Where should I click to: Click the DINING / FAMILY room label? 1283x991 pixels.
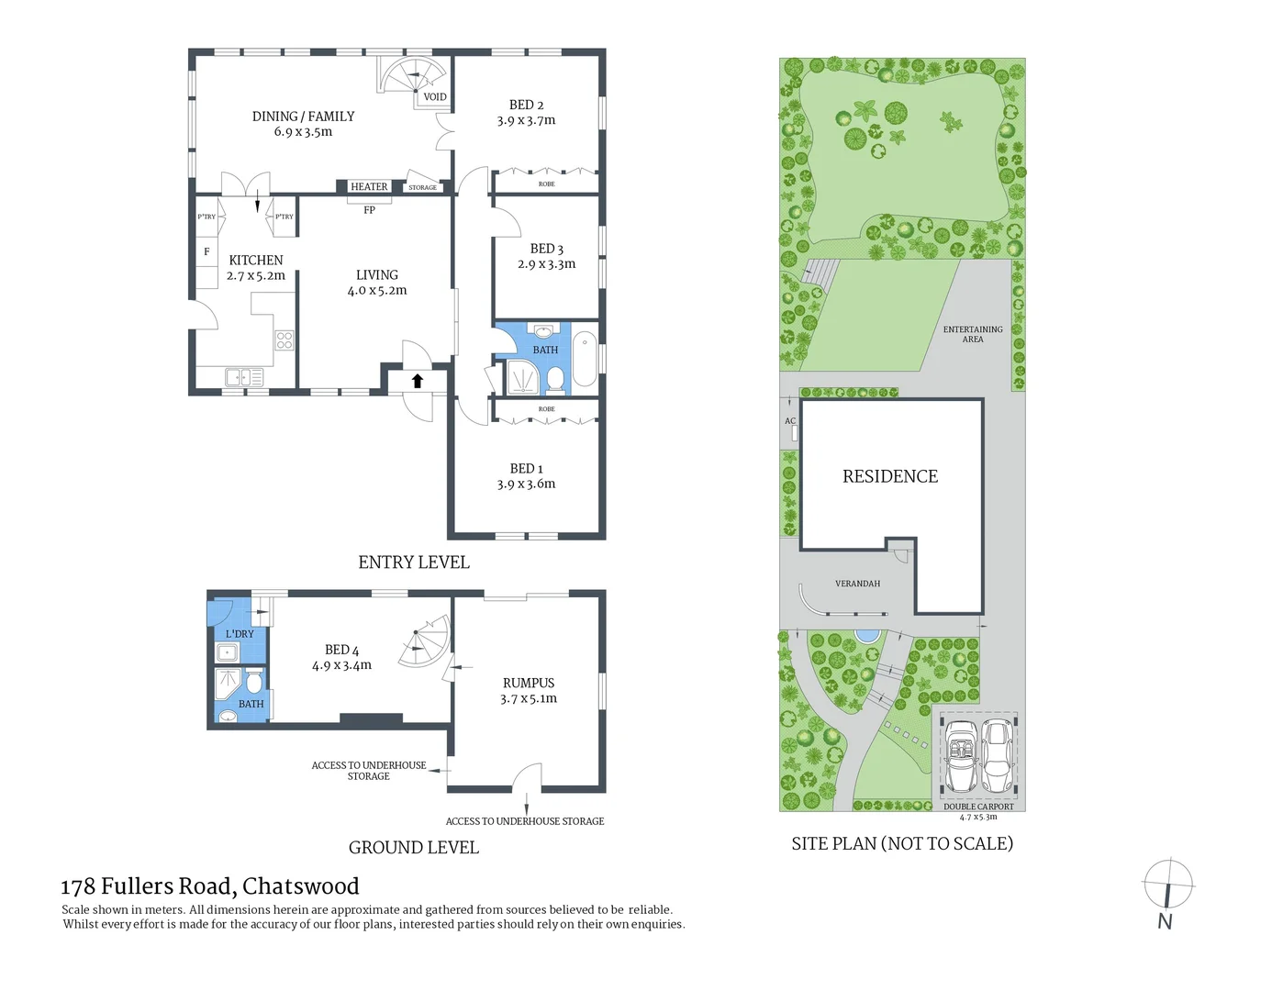coord(303,117)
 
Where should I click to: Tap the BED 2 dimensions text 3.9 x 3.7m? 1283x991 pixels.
coord(526,120)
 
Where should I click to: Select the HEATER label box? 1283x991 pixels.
coord(369,187)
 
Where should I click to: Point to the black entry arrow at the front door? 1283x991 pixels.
coord(417,381)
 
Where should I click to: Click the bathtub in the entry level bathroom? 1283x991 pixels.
coord(585,361)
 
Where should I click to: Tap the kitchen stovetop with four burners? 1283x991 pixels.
coord(284,340)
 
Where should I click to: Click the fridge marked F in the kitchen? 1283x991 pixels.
coord(206,251)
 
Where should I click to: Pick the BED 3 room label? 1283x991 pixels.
coord(546,249)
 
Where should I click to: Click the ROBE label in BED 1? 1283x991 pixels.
coord(546,409)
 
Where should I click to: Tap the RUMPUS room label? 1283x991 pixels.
coord(529,683)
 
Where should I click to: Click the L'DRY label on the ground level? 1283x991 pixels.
coord(240,634)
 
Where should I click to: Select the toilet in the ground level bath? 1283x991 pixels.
coord(254,681)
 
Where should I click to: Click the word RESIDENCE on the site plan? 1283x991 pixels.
coord(890,476)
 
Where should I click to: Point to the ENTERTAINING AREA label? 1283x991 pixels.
coord(973,334)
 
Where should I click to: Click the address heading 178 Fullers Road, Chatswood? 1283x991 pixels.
coord(210,886)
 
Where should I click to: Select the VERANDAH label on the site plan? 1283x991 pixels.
coord(857,584)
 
